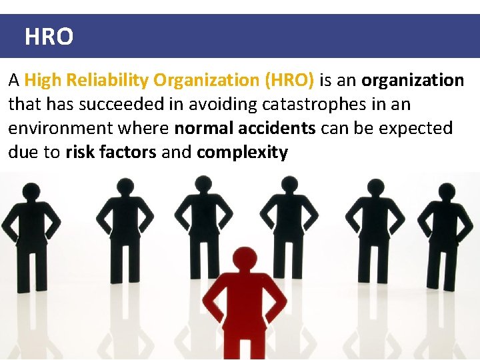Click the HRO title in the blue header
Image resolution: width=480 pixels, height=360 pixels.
coord(49,37)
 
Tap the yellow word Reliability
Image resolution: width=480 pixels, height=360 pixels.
coord(101,81)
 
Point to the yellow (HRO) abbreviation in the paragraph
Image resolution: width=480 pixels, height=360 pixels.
coord(289,81)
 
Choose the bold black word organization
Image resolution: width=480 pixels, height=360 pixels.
coord(413,81)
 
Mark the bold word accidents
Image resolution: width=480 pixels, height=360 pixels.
coord(277,128)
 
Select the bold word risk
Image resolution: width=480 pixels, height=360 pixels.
coord(79,152)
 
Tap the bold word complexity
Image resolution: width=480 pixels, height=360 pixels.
coord(242,152)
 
